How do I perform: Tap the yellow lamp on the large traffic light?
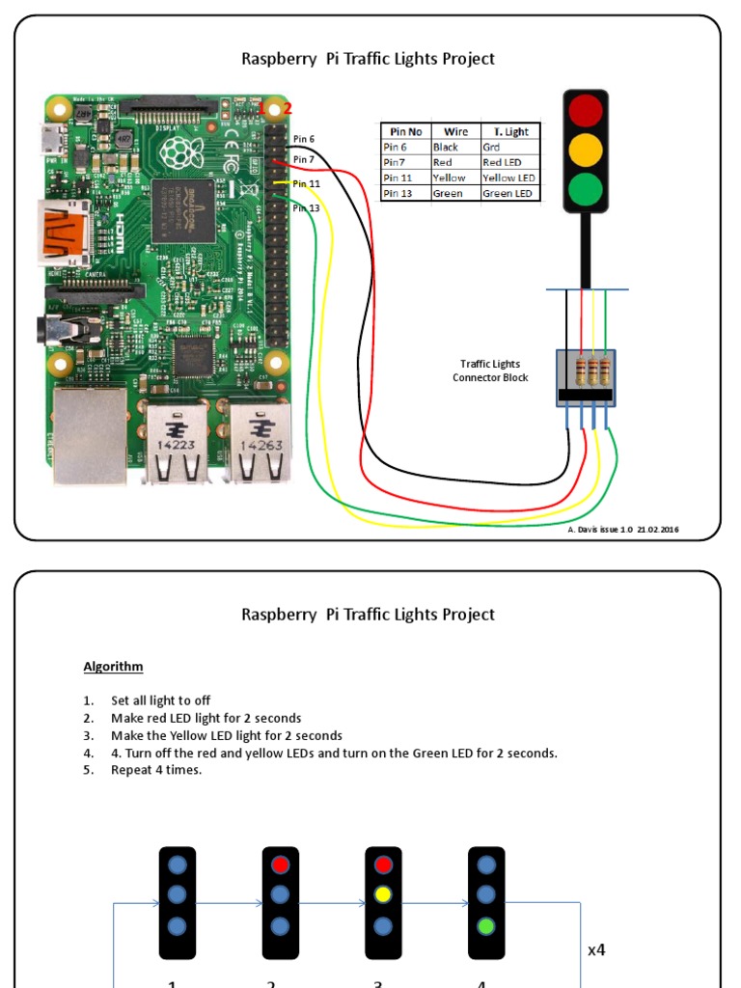pyautogui.click(x=585, y=150)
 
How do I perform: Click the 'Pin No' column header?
pyautogui.click(x=406, y=132)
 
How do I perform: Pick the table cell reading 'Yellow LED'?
pyautogui.click(x=508, y=178)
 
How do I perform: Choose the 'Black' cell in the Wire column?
pyautogui.click(x=446, y=148)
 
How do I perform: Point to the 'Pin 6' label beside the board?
pyautogui.click(x=304, y=139)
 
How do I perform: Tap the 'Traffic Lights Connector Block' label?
pyautogui.click(x=490, y=370)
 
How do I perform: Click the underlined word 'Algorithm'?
pyautogui.click(x=113, y=667)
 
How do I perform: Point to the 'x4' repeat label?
pyautogui.click(x=596, y=949)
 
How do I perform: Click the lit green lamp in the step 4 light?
pyautogui.click(x=486, y=926)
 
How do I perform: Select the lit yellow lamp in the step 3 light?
pyautogui.click(x=383, y=894)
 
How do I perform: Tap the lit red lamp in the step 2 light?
pyautogui.click(x=280, y=864)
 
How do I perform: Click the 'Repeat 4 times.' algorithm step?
pyautogui.click(x=156, y=770)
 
